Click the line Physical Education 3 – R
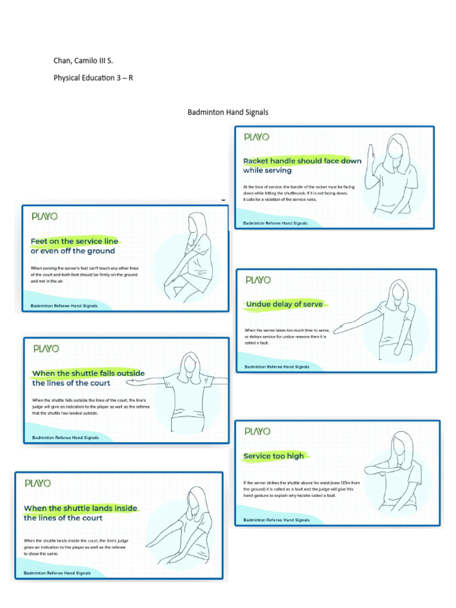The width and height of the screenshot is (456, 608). tap(93, 77)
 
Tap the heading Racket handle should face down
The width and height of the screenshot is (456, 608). tap(302, 161)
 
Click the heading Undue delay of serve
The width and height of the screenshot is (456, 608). tap(284, 304)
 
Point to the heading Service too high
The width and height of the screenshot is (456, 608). tap(274, 456)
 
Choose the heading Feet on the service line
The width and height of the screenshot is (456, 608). tap(74, 241)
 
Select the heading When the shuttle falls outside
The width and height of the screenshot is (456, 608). tap(88, 373)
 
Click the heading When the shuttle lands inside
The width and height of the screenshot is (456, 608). tap(81, 508)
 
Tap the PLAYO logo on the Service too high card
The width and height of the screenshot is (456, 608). tap(257, 431)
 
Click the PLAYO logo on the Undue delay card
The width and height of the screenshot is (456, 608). tap(258, 280)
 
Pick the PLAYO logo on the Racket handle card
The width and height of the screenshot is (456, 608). tap(256, 137)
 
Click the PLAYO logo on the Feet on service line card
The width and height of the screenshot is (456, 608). tap(45, 217)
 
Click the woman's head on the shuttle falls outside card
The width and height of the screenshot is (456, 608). tap(191, 363)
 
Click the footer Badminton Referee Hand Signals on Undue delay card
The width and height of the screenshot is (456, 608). tap(277, 367)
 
